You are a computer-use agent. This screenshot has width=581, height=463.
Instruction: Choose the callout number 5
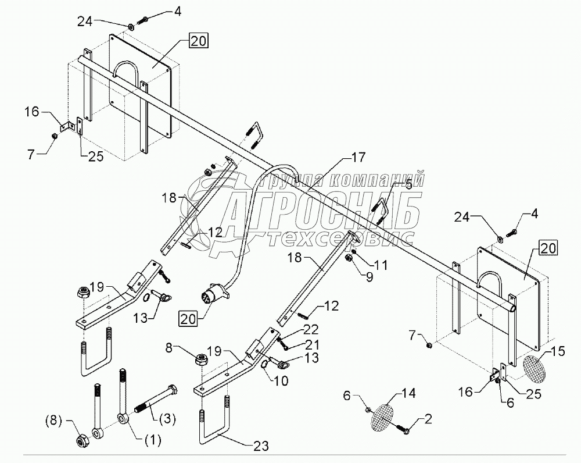tap(408, 186)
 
